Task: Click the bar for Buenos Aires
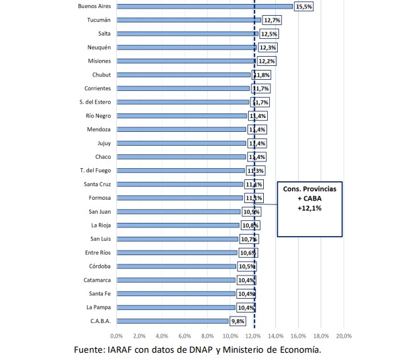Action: (204, 7)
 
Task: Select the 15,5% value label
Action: (304, 7)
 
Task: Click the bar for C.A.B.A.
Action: (173, 321)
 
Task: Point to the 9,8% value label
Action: (238, 321)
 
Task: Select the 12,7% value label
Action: (271, 20)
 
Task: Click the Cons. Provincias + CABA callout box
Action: (309, 208)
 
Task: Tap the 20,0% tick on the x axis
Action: (344, 336)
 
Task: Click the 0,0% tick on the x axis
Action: (117, 336)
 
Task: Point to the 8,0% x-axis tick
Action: (208, 336)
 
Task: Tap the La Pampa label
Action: (98, 307)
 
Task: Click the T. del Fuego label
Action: (94, 171)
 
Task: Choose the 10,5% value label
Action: (246, 266)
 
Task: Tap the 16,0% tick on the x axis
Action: (298, 336)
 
